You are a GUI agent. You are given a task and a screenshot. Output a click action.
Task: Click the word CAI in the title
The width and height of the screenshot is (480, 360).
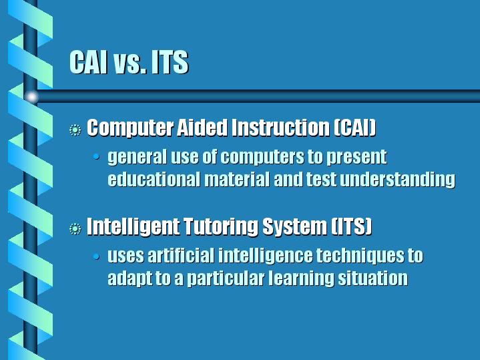pyautogui.click(x=89, y=62)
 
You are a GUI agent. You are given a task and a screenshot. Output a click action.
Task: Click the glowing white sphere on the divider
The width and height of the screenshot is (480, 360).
pyautogui.click(x=31, y=97)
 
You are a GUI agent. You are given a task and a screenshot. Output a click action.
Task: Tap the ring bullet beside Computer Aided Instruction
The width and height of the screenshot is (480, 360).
pyautogui.click(x=75, y=130)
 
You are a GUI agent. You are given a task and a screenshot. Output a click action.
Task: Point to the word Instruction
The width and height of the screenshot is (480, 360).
pyautogui.click(x=280, y=127)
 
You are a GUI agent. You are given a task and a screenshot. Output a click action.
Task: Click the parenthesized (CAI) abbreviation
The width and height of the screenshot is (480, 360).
pyautogui.click(x=354, y=127)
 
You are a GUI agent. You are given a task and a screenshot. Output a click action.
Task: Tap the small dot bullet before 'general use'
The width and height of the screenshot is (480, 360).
pyautogui.click(x=96, y=157)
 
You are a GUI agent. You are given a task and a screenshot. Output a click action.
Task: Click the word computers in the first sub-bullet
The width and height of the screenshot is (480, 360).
pyautogui.click(x=262, y=158)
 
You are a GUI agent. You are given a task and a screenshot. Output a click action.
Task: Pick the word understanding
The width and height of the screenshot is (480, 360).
pyautogui.click(x=398, y=180)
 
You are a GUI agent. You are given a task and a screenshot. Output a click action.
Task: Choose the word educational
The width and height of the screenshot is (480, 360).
pyautogui.click(x=155, y=179)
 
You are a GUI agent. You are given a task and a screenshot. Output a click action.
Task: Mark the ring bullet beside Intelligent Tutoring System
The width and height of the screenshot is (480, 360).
pyautogui.click(x=75, y=229)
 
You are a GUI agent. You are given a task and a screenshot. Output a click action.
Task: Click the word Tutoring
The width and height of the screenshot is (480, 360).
pyautogui.click(x=221, y=227)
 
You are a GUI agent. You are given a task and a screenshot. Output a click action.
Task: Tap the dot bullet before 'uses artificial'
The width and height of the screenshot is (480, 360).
pyautogui.click(x=96, y=256)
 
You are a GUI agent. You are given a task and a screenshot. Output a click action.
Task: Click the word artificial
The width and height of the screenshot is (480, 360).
pyautogui.click(x=181, y=256)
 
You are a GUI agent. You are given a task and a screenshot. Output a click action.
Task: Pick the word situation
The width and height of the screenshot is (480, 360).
pyautogui.click(x=373, y=279)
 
